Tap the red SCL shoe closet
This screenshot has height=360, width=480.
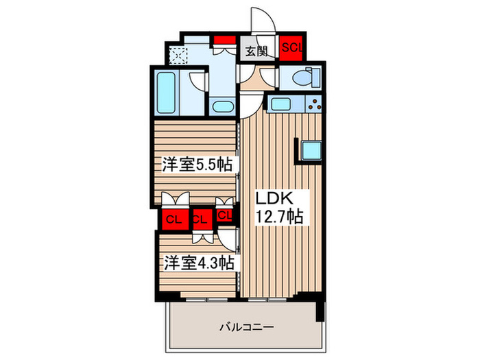click(x=291, y=47)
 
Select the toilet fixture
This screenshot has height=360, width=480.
click(x=302, y=80)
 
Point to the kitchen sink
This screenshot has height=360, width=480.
click(x=282, y=105)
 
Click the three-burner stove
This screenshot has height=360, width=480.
click(x=315, y=105)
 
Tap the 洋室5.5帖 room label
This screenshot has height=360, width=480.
click(x=195, y=165)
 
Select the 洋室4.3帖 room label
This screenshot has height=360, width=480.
click(x=195, y=263)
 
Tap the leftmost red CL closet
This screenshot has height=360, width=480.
click(x=173, y=219)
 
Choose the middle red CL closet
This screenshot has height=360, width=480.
click(x=200, y=220)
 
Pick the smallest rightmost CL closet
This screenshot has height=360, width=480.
click(x=224, y=215)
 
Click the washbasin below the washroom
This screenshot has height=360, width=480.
click(x=221, y=106)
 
